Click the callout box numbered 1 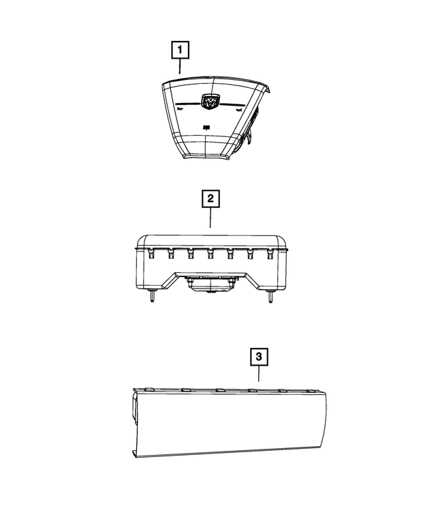coord(180,50)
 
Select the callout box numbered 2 coord(211,198)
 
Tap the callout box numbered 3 coord(259,357)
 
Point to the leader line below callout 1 coord(180,66)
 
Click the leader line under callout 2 coord(211,218)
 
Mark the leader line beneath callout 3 coord(259,374)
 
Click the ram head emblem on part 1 coord(209,102)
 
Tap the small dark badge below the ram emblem coord(207,128)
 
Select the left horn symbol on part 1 coord(181,109)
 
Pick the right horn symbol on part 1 coord(239,110)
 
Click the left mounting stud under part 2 coord(152,296)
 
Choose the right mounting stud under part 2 coord(270,297)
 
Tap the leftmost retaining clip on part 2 coord(151,253)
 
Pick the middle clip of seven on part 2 coord(211,254)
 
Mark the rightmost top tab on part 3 coord(313,391)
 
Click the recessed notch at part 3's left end coord(134,408)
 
